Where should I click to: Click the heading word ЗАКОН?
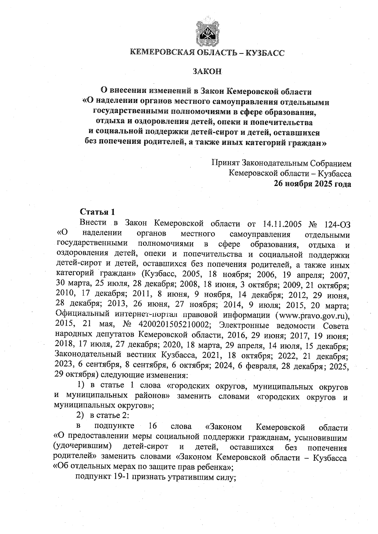pos(207,71)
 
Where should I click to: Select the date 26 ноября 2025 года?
pos(312,183)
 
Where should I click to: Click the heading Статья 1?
pos(95,211)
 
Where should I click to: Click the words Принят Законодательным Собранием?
pos(281,163)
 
